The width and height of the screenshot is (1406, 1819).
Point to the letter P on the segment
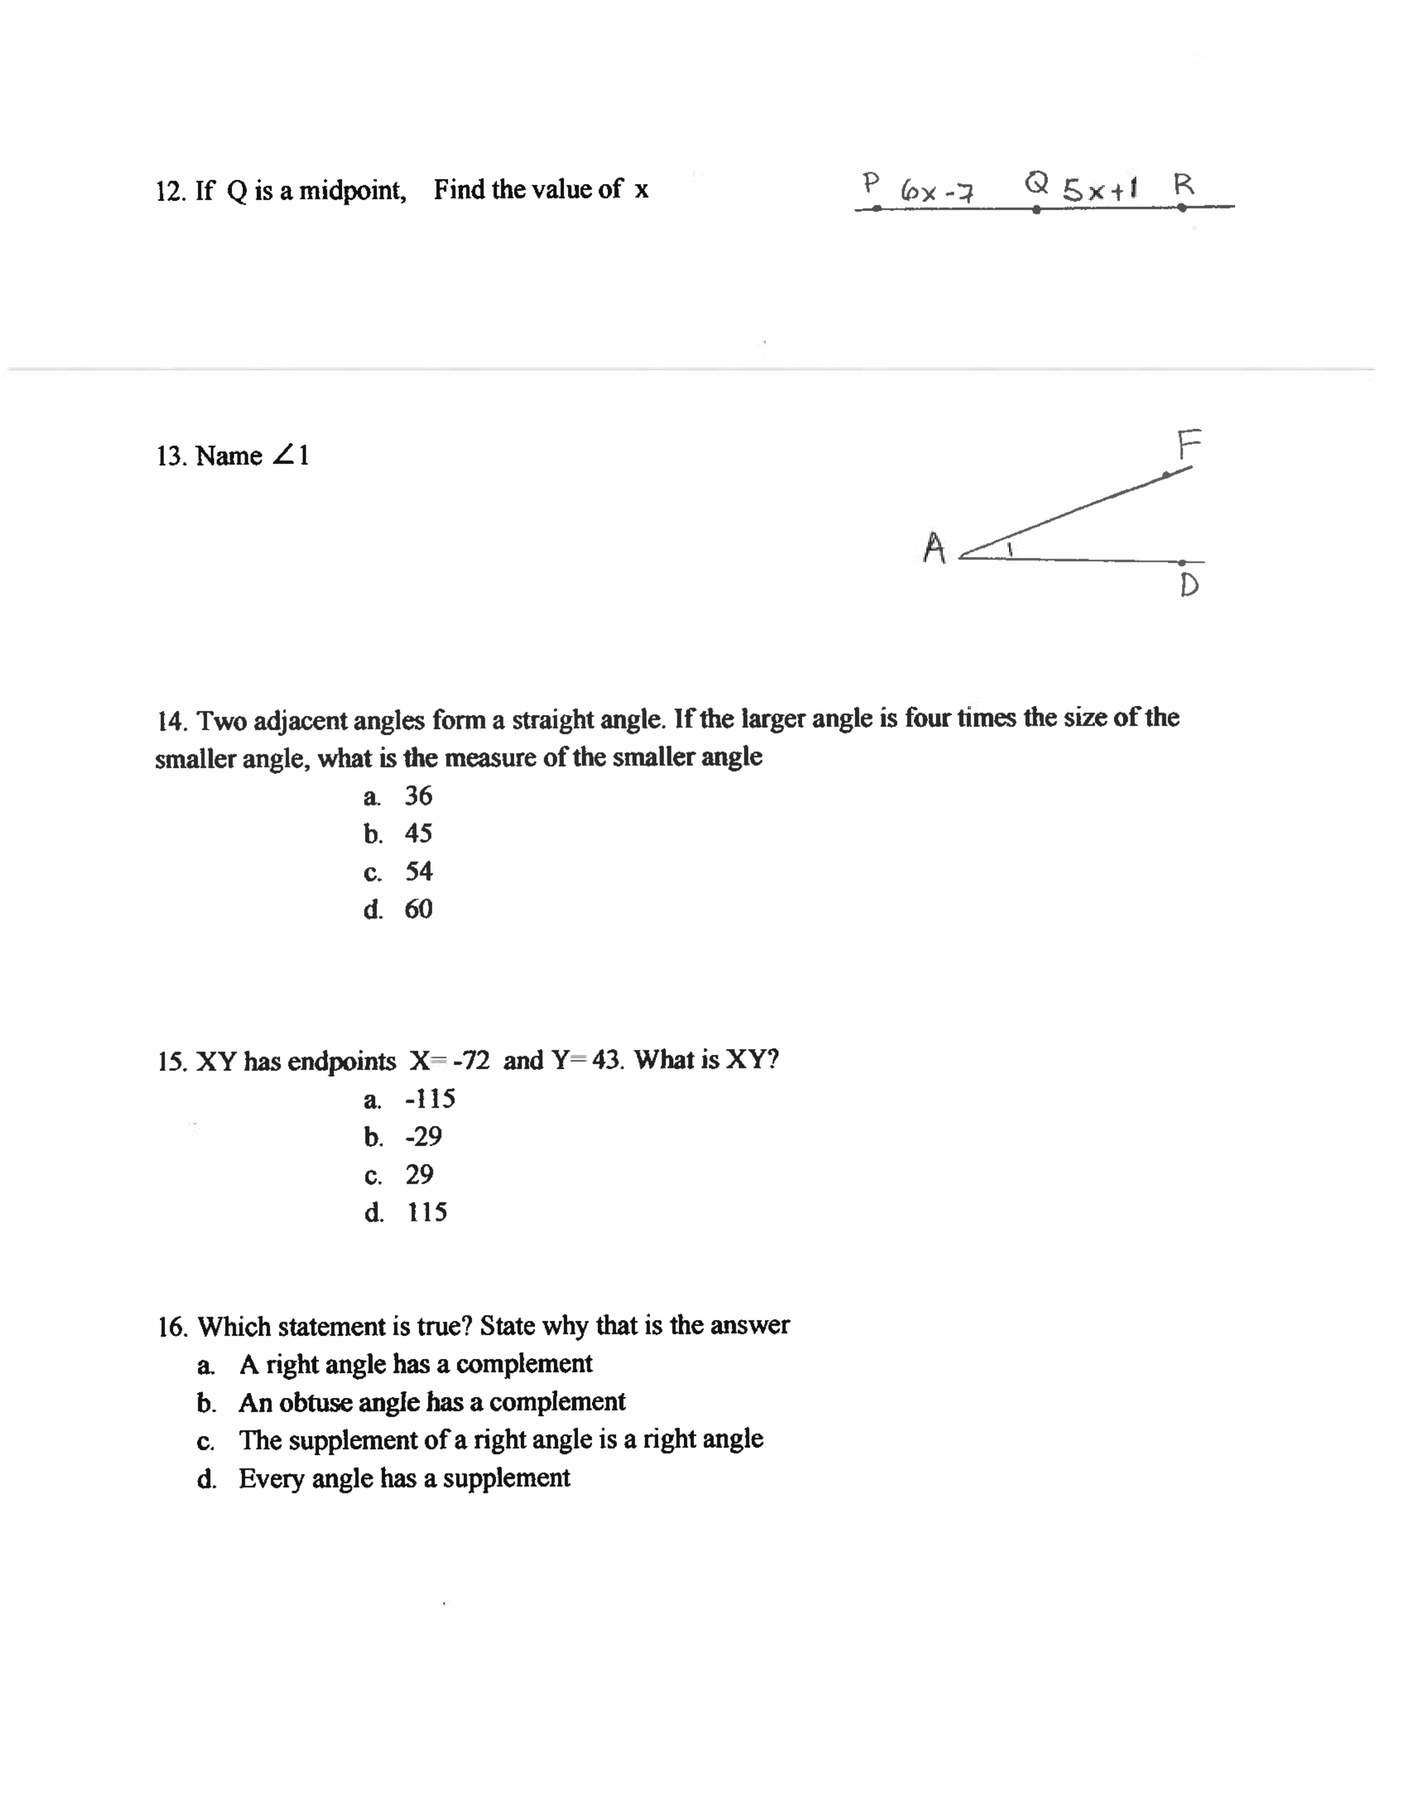871,181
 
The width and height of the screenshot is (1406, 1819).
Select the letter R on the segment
1184,184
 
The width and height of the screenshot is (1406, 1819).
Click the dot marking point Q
1036,210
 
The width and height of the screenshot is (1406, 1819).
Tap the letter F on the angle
1189,445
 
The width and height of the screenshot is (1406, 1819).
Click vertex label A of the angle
935,548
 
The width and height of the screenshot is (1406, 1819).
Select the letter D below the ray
1189,585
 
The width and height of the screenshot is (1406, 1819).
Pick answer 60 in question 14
418,908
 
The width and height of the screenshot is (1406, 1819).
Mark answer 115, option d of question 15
426,1212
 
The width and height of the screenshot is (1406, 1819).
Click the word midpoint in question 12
352,191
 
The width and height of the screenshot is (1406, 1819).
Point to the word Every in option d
271,1478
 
